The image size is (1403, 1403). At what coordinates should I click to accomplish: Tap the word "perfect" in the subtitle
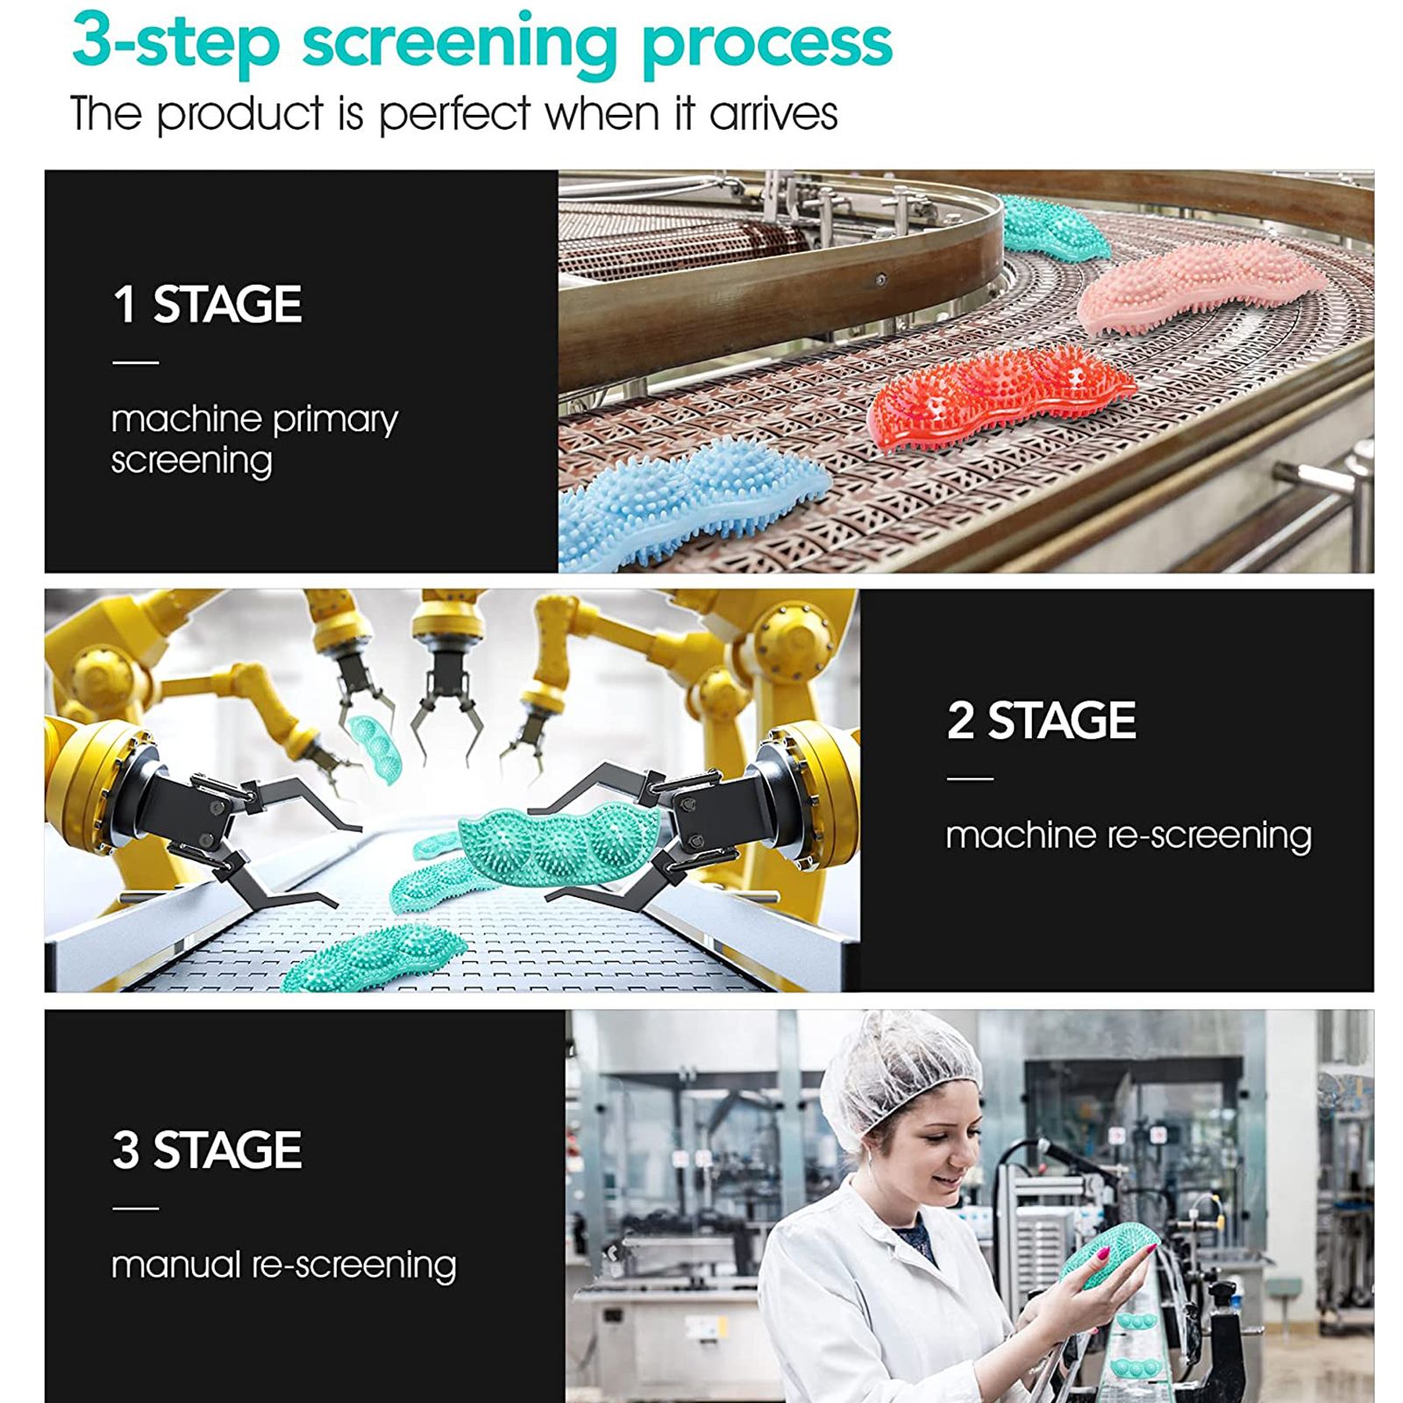point(455,115)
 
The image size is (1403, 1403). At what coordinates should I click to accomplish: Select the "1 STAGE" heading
point(207,304)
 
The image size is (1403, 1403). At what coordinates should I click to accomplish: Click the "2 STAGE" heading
point(1041,721)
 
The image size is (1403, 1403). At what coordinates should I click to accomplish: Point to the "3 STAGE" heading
point(207,1150)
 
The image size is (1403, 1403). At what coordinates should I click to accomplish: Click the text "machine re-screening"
point(1129,836)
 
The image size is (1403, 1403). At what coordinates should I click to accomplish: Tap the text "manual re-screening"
point(284,1265)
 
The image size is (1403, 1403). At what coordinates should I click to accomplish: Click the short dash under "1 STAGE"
point(136,362)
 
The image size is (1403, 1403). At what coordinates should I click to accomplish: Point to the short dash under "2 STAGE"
point(970,779)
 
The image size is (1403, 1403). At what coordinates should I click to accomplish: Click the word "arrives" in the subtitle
point(773,115)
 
